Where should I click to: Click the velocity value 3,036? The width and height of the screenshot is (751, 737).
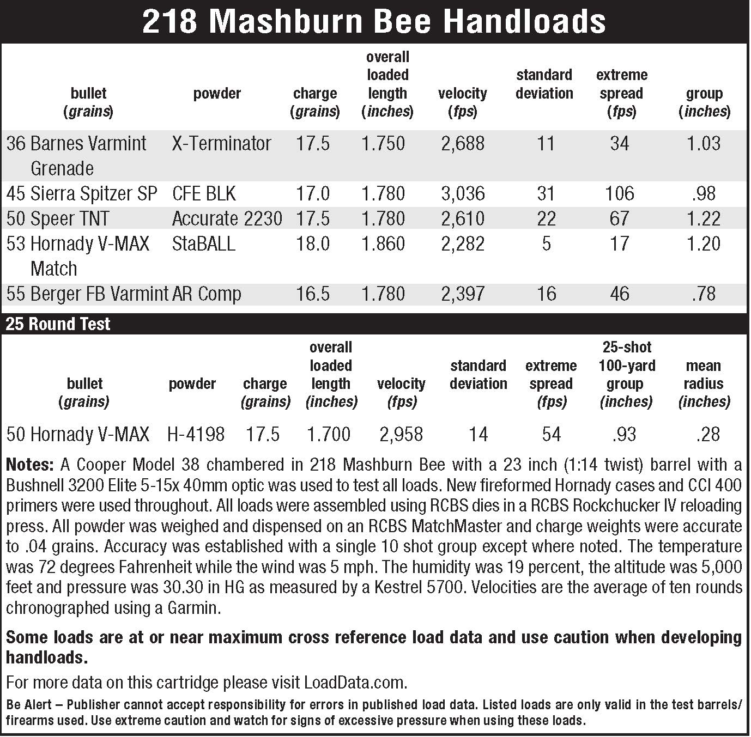[x=462, y=194]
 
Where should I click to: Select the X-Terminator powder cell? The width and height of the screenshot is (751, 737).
[x=221, y=144]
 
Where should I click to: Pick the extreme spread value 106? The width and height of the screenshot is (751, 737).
[x=620, y=194]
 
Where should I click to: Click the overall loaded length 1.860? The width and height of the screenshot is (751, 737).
[x=383, y=244]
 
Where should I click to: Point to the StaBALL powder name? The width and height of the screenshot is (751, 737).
[x=203, y=244]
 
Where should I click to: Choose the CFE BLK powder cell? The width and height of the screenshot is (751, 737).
[x=204, y=194]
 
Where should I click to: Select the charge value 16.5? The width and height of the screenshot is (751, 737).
[x=312, y=294]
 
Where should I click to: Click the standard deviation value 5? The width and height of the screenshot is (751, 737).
[x=546, y=244]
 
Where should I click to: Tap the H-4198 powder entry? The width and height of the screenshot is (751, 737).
[x=196, y=435]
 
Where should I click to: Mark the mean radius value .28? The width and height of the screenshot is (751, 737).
[x=708, y=435]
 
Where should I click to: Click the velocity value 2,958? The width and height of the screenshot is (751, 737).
[x=401, y=435]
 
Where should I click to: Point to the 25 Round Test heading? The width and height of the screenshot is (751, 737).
[x=58, y=325]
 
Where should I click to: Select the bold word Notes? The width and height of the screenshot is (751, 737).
[x=30, y=465]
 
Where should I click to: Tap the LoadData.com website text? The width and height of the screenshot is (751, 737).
[x=354, y=683]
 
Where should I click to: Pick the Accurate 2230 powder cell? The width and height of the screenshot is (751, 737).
[x=227, y=219]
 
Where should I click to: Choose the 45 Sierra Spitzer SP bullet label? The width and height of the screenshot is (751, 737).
[x=82, y=194]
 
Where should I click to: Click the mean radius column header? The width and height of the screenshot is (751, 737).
[x=703, y=383]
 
